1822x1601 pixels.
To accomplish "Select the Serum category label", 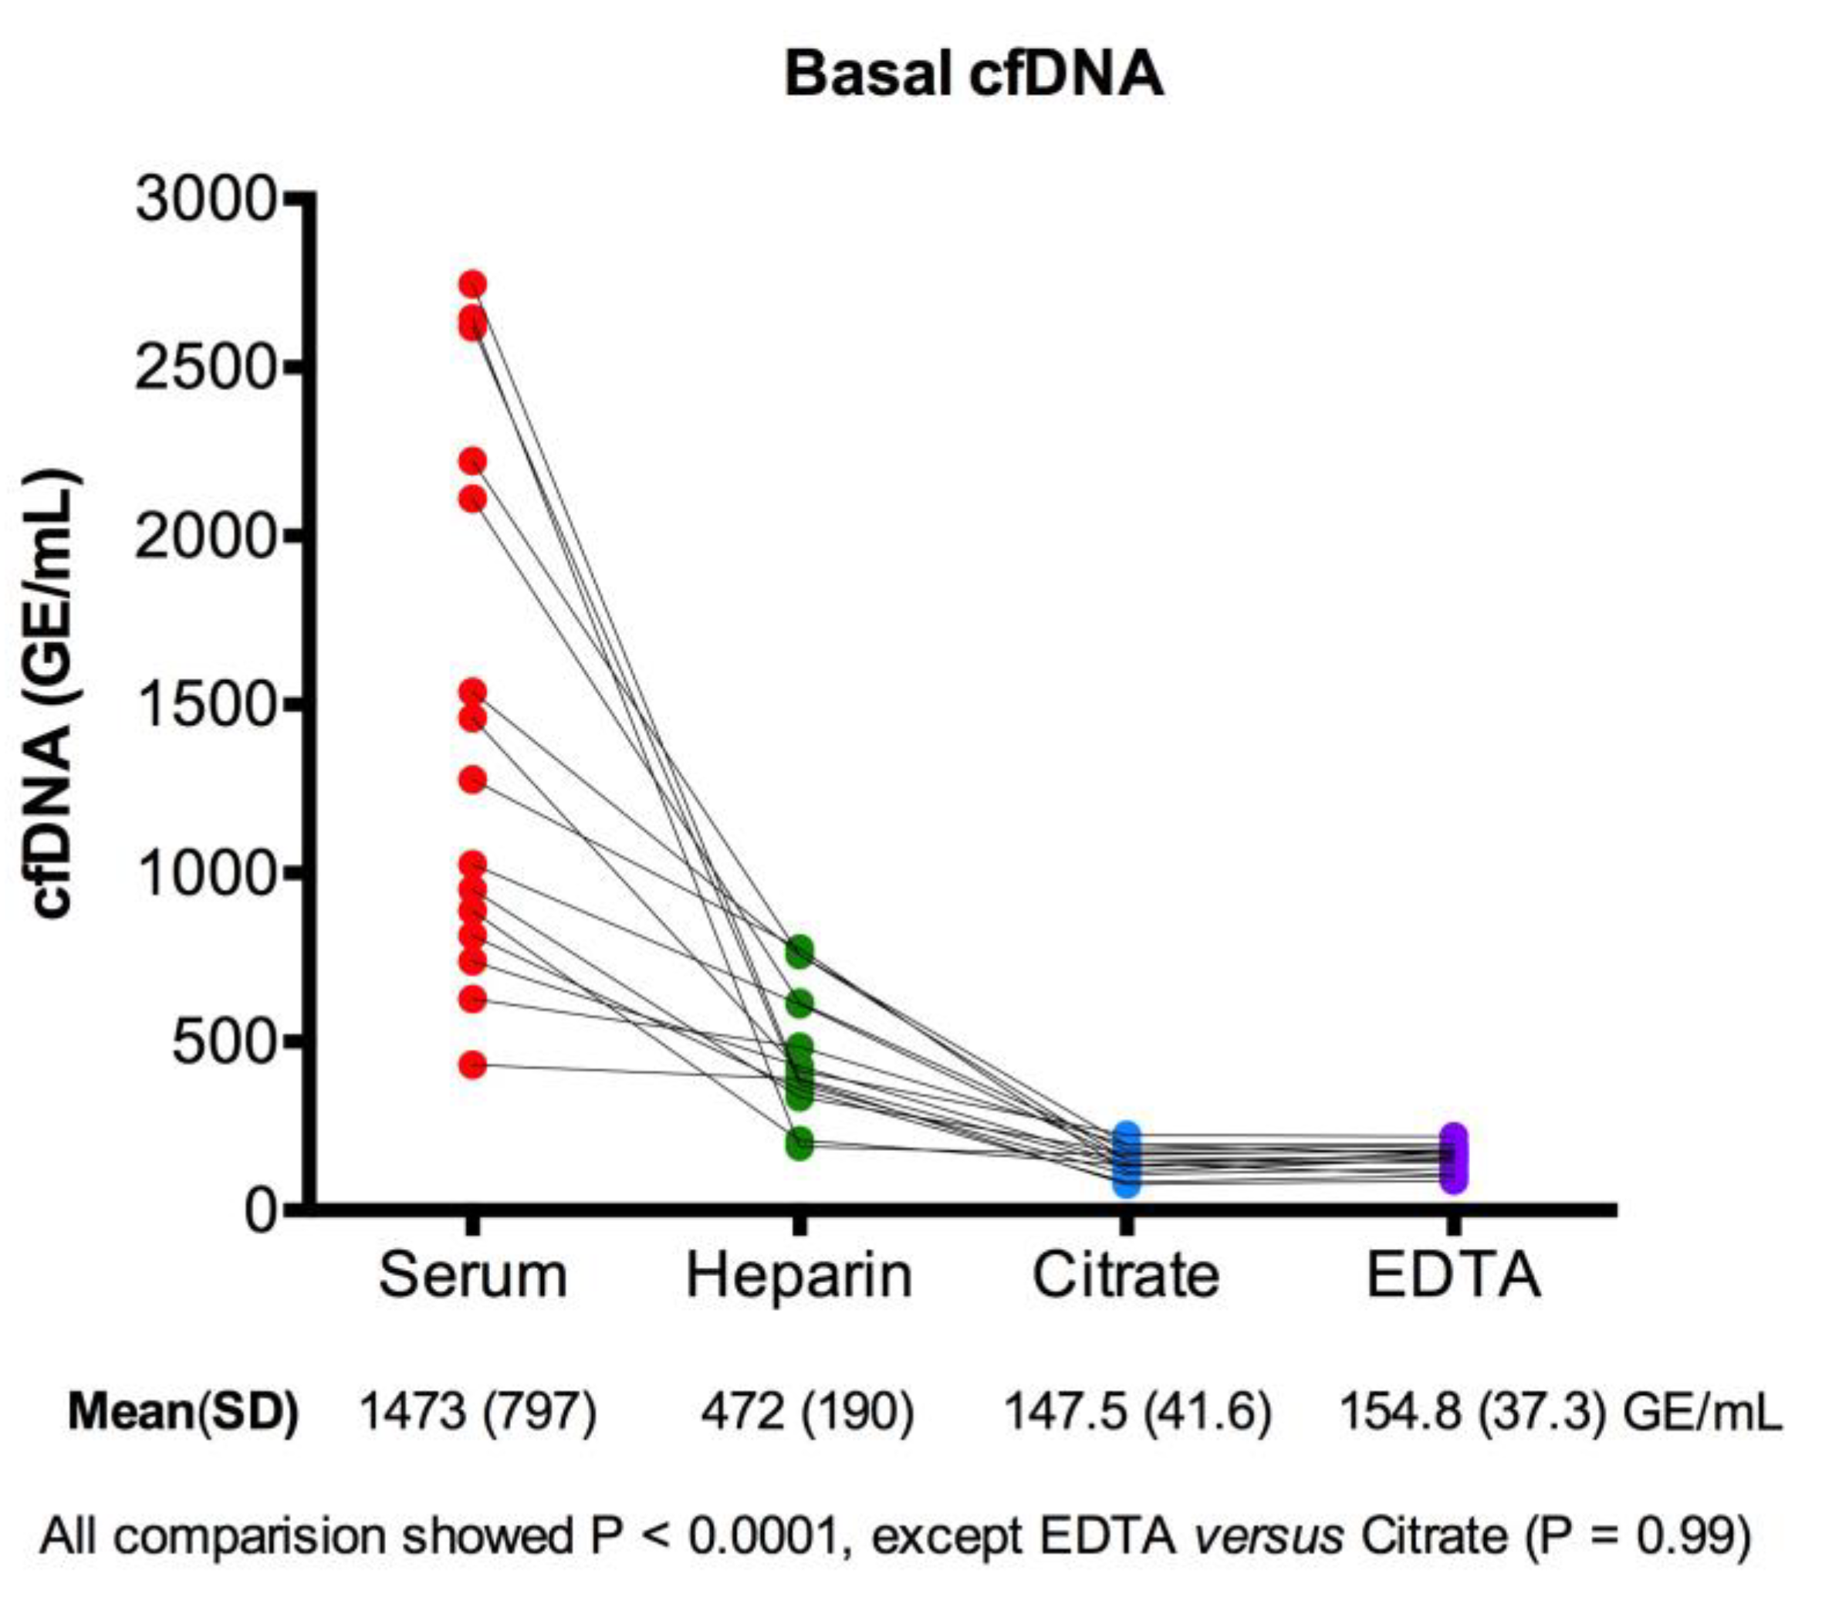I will [472, 1276].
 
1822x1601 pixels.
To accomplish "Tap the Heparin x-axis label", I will [799, 1276].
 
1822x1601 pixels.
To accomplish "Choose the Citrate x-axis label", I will [1126, 1276].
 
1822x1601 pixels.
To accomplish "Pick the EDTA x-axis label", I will [1453, 1276].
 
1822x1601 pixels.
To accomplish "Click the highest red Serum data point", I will [472, 284].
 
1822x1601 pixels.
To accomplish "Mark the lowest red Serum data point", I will [472, 1065].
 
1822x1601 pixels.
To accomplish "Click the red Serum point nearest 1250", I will [472, 780].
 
